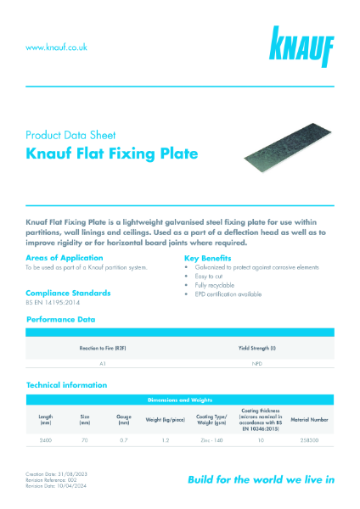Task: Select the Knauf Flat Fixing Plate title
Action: pos(112,154)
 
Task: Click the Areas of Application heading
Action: pos(65,257)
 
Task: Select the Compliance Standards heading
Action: pos(69,293)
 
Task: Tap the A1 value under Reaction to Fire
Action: pos(103,363)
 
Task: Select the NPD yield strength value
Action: pos(256,363)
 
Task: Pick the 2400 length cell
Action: pos(46,440)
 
